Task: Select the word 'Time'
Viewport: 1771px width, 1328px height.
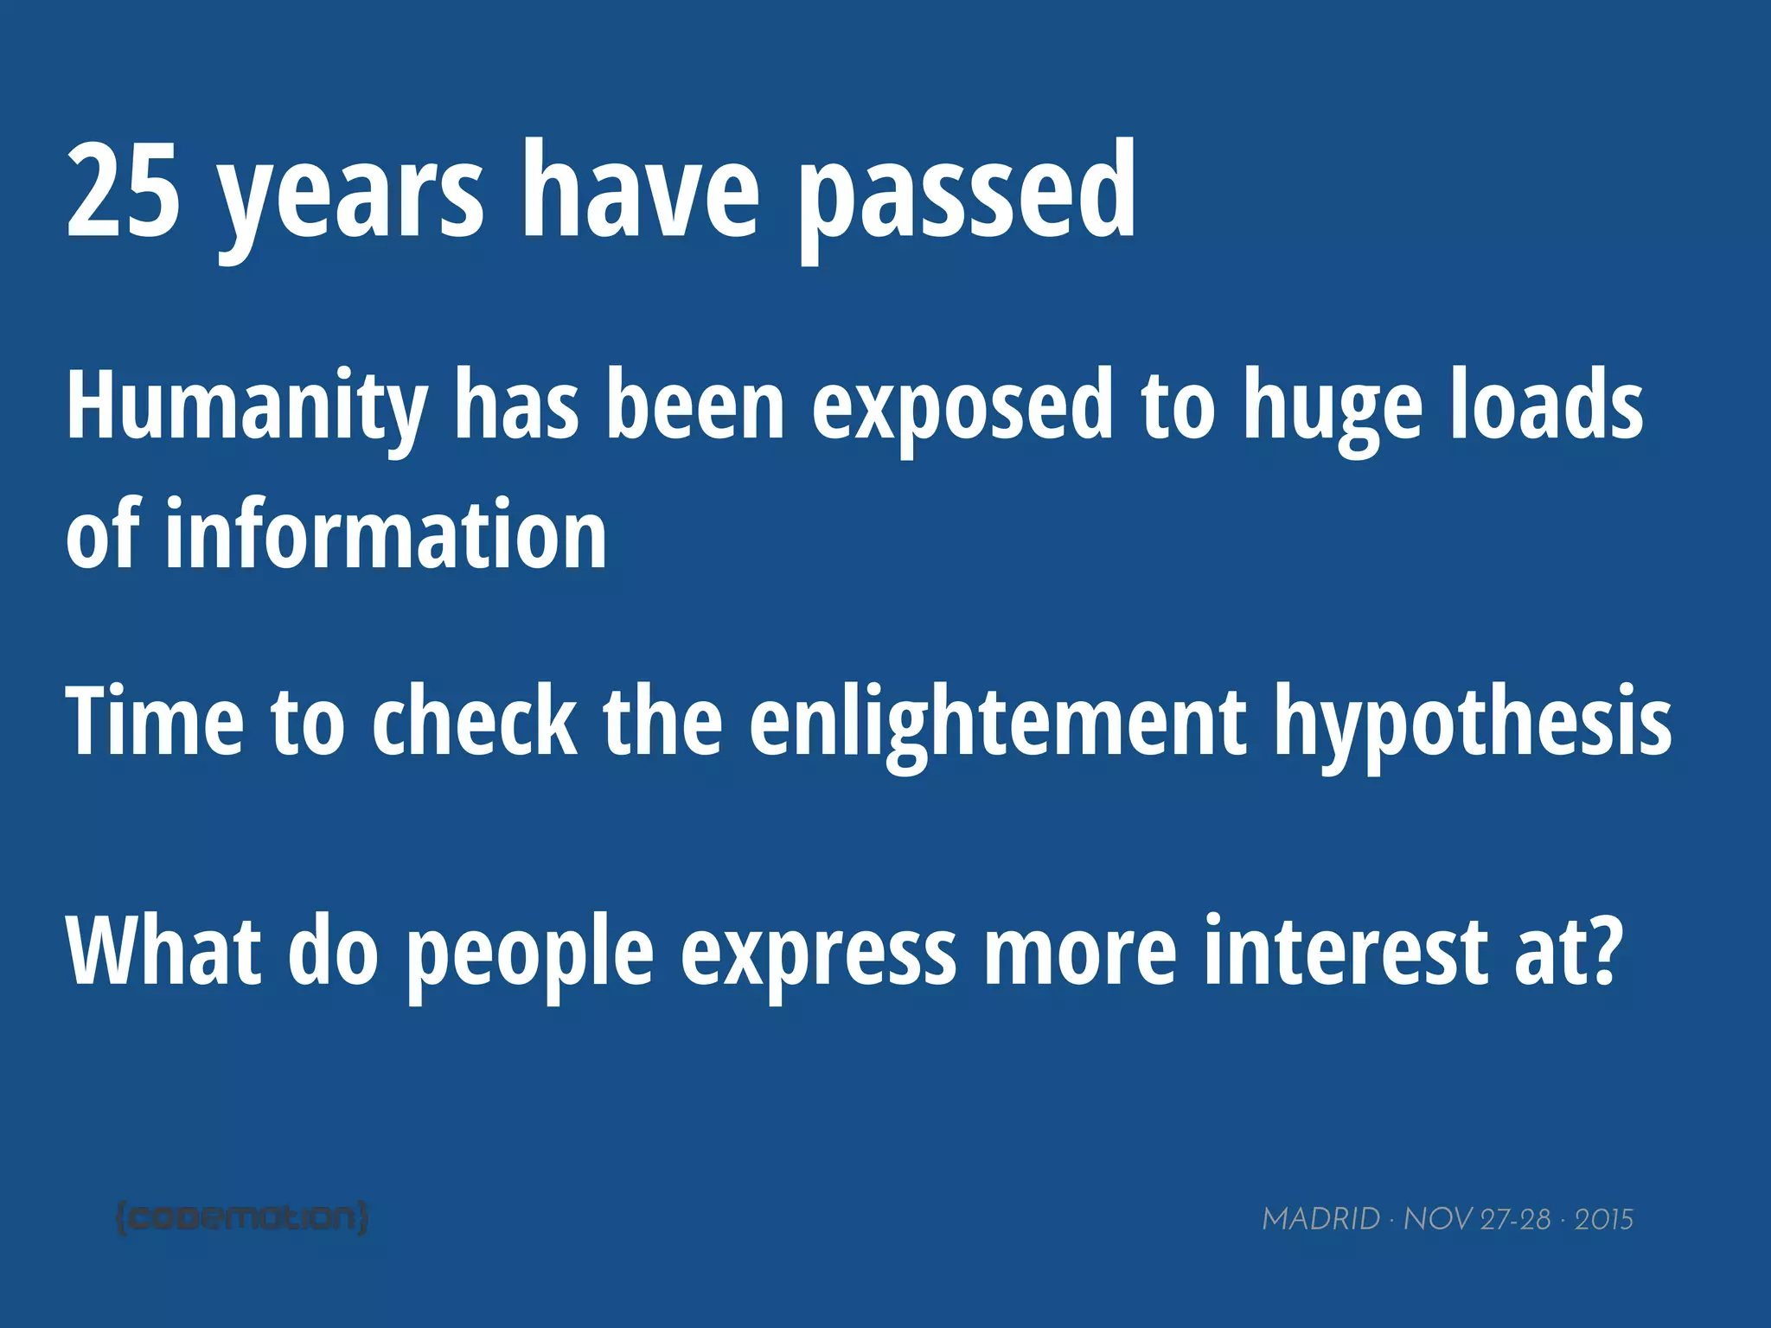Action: coord(155,719)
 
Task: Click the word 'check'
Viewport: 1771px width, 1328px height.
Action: coord(474,719)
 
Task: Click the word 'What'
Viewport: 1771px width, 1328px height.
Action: coord(163,949)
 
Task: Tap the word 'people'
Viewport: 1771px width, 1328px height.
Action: coord(530,955)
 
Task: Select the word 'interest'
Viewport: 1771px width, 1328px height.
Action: coord(1346,949)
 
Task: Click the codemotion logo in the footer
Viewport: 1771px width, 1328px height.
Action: coord(242,1217)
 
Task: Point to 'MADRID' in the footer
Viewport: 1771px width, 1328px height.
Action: coord(1320,1219)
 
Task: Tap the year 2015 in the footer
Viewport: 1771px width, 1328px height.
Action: coord(1603,1219)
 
